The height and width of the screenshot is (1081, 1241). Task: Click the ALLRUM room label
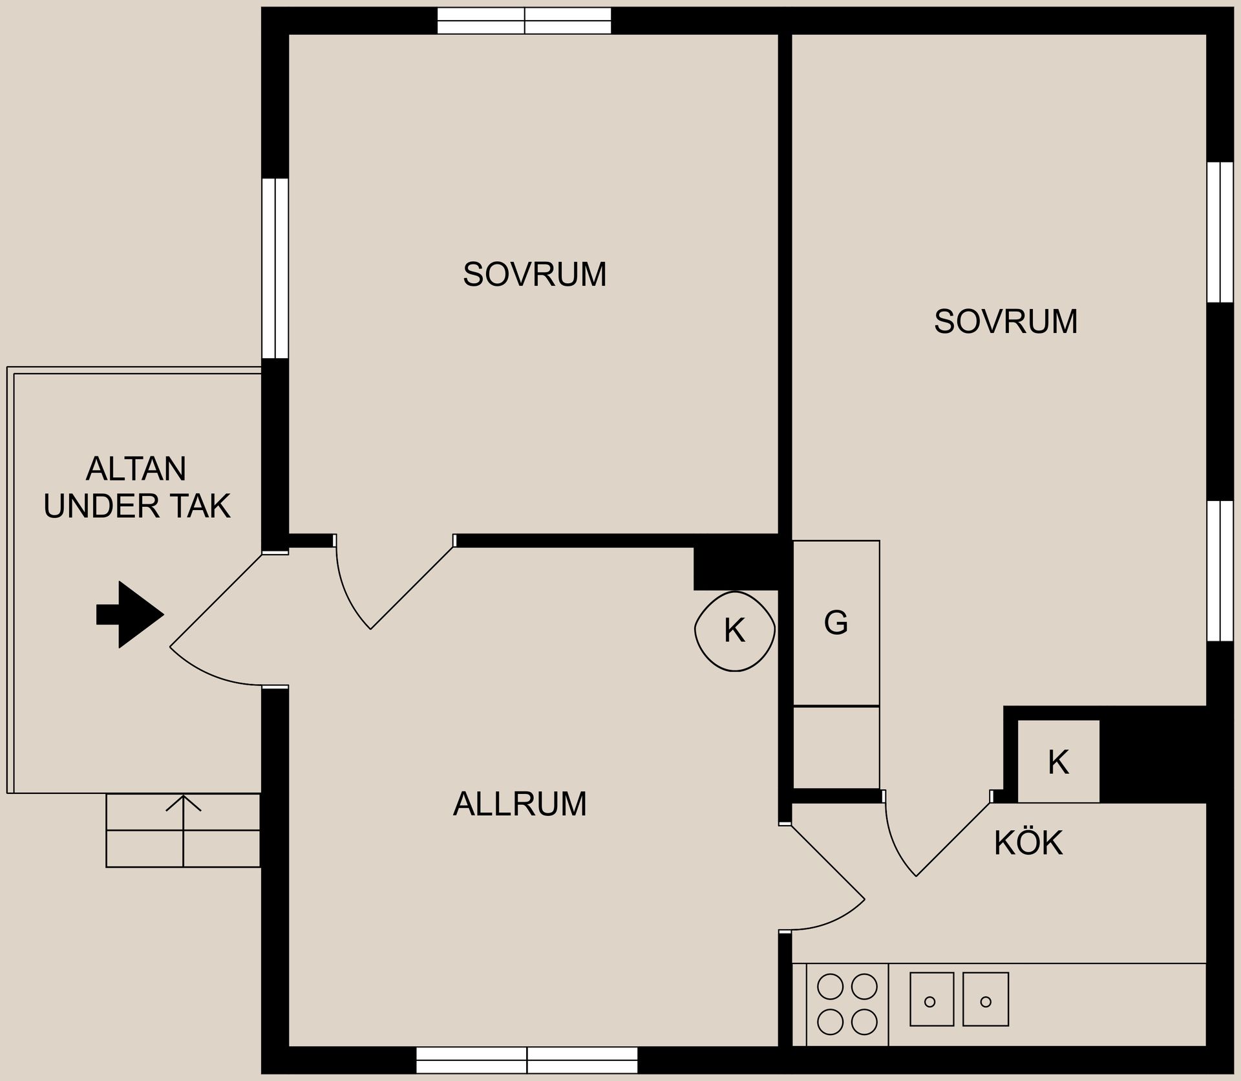click(x=520, y=804)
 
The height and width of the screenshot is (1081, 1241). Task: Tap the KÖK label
click(x=1028, y=843)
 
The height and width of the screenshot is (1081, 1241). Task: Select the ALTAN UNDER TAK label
click(x=136, y=487)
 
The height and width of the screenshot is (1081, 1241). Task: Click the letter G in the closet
click(x=836, y=623)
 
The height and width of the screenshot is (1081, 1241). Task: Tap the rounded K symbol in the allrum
click(x=734, y=630)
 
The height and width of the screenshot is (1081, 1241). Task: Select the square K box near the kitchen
click(x=1058, y=762)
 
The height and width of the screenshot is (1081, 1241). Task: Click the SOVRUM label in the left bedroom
click(x=535, y=274)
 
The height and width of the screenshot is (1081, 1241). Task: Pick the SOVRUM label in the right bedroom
click(x=1006, y=321)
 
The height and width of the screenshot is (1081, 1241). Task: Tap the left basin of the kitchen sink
click(x=931, y=999)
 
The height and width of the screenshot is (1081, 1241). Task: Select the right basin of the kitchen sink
click(x=986, y=999)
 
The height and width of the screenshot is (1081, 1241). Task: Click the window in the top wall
click(x=524, y=21)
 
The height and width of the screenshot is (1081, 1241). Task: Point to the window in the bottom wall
click(x=527, y=1060)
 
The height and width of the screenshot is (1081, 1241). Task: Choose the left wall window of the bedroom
click(x=275, y=268)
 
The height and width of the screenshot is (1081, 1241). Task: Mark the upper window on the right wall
click(x=1220, y=231)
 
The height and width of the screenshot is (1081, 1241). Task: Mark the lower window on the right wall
click(x=1220, y=570)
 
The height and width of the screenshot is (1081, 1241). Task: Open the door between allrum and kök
click(x=827, y=879)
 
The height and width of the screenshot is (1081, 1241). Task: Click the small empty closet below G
click(x=836, y=747)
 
